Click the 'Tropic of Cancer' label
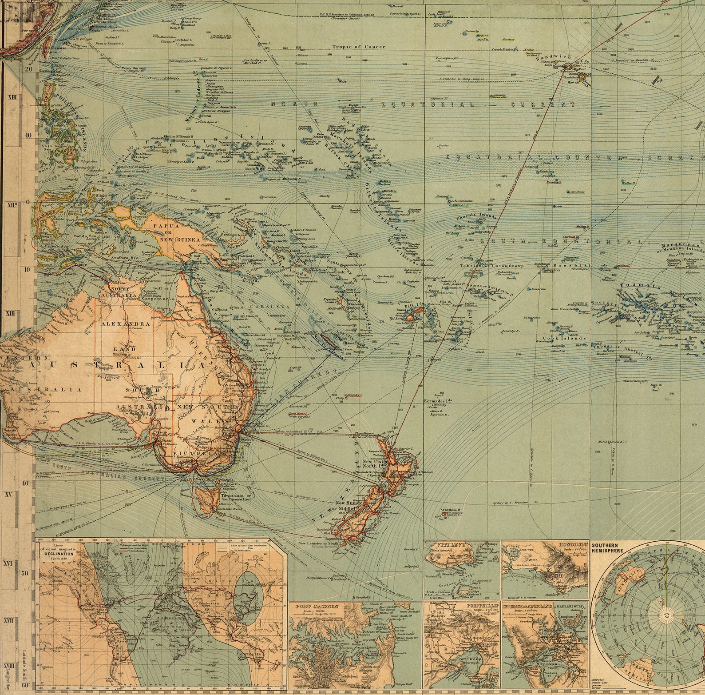[x=359, y=47]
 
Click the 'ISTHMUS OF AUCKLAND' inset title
[x=528, y=606]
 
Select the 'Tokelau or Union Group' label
[x=500, y=266]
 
